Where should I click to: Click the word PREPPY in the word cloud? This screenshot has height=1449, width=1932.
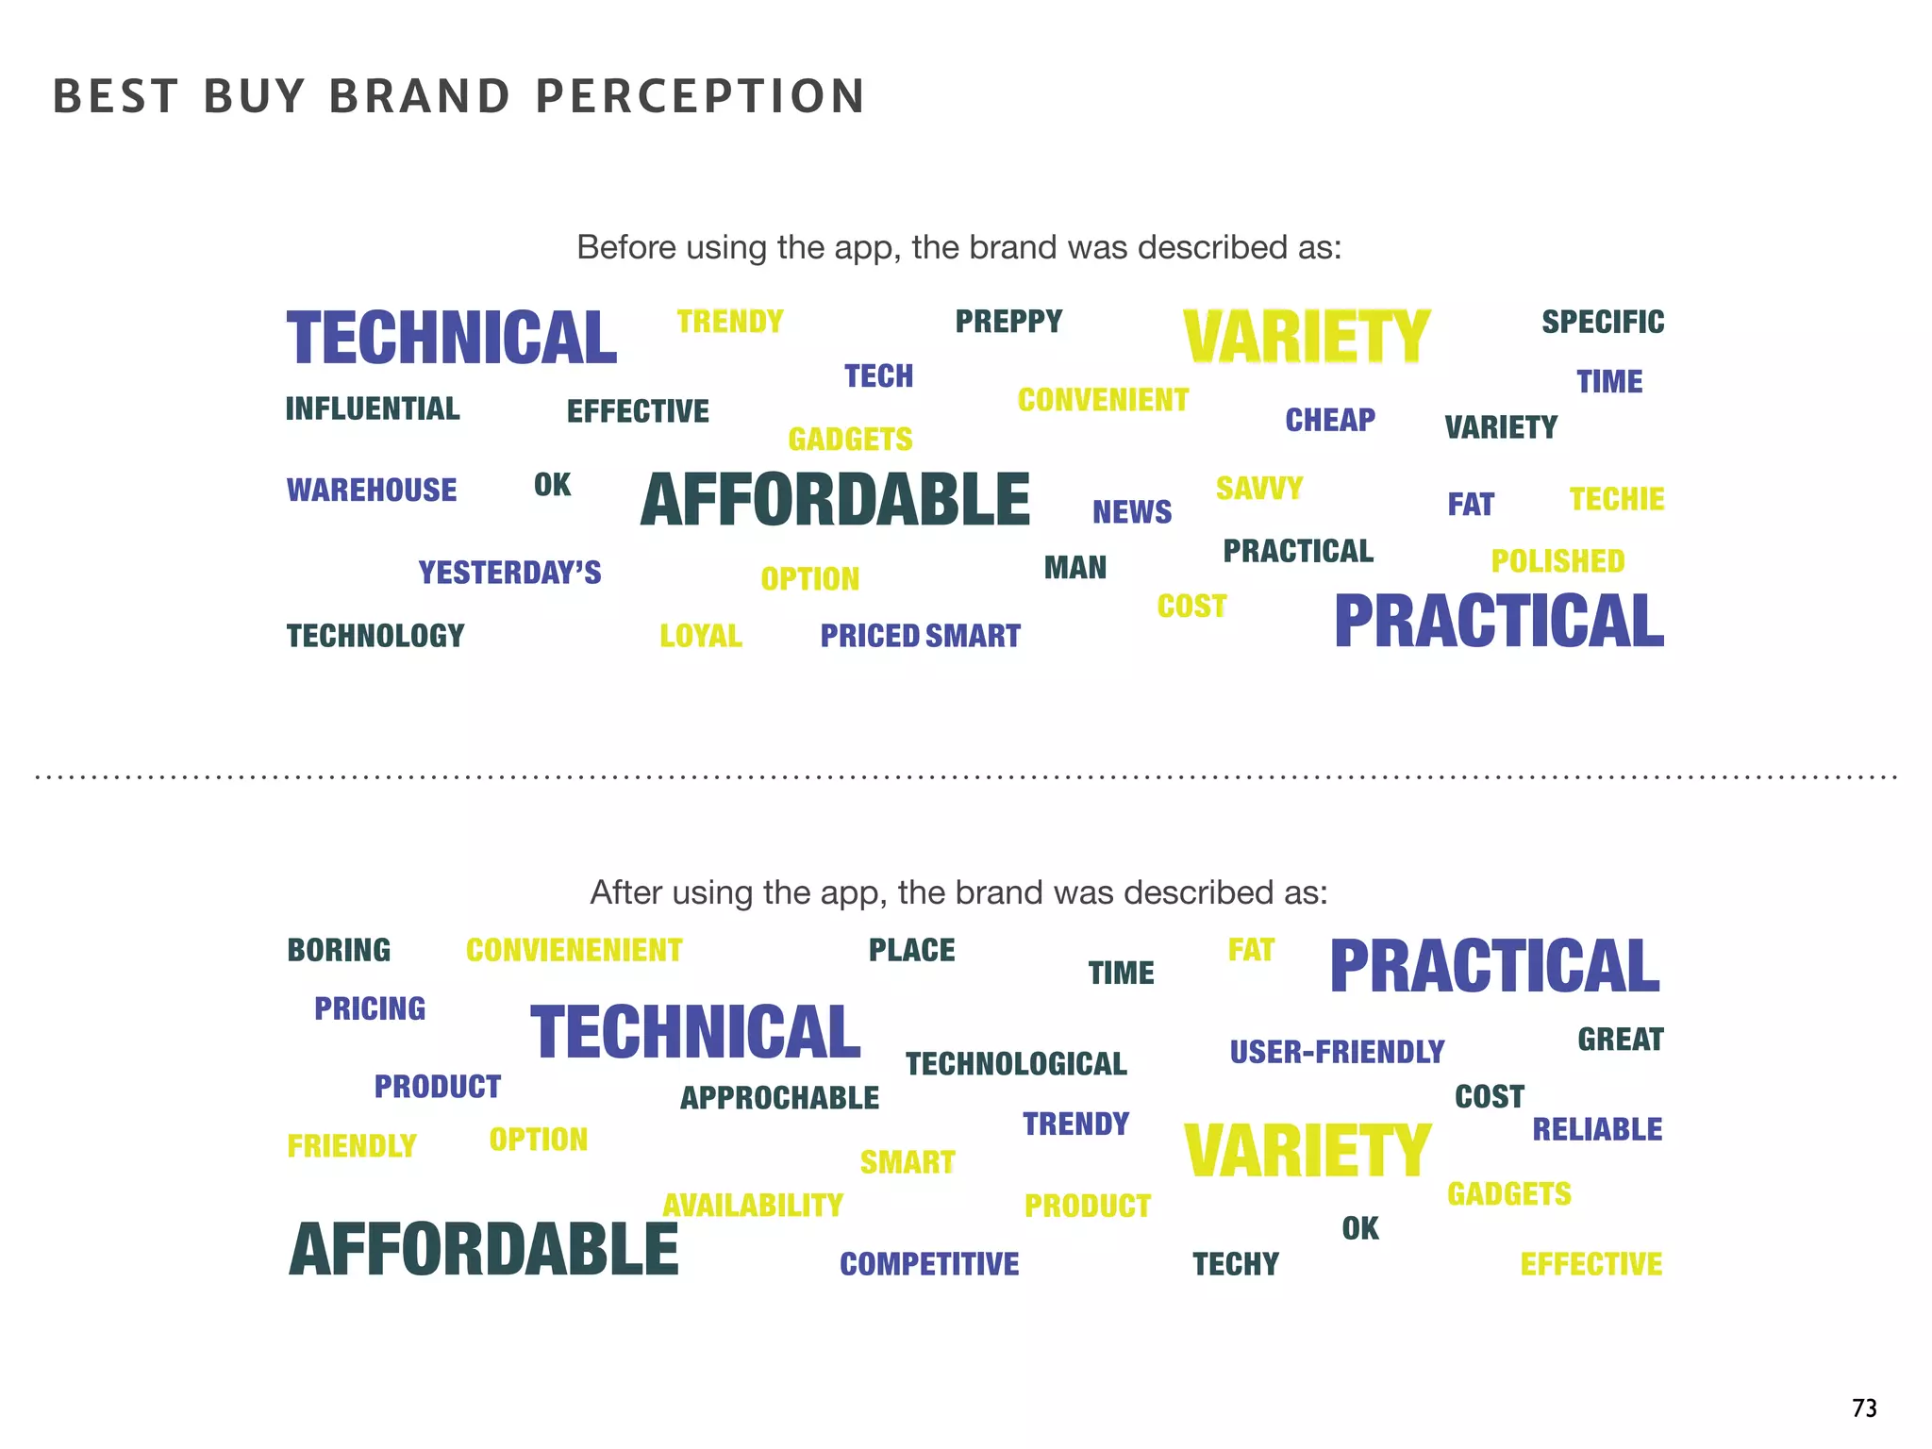(x=1008, y=322)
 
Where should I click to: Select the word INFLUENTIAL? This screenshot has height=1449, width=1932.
(x=373, y=408)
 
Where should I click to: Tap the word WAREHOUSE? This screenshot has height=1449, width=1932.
(x=372, y=490)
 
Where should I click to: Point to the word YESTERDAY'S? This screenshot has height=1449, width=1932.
(x=509, y=573)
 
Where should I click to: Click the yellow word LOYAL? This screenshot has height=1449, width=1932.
(x=701, y=636)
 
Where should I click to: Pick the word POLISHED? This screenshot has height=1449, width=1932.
(x=1557, y=561)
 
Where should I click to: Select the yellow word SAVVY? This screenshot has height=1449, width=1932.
(x=1258, y=489)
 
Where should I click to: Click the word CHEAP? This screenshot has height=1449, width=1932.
(x=1330, y=420)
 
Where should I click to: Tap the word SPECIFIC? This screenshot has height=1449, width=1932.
(x=1603, y=322)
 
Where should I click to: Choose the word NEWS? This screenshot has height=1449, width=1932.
(x=1132, y=511)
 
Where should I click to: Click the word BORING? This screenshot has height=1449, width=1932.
(x=339, y=950)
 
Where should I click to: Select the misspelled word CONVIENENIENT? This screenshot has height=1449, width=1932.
(x=574, y=950)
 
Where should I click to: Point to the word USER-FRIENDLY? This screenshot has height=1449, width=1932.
(x=1337, y=1052)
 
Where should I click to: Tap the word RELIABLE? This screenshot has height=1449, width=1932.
(x=1597, y=1129)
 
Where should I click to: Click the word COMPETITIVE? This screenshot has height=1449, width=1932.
(x=929, y=1264)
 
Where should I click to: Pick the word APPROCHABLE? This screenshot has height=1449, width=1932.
(x=779, y=1098)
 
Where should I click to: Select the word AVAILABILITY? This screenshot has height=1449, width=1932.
(x=753, y=1205)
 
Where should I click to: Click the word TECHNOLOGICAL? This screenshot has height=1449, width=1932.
(x=1016, y=1064)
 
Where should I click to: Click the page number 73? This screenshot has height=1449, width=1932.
(x=1864, y=1407)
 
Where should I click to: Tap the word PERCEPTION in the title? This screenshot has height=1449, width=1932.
(x=700, y=96)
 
